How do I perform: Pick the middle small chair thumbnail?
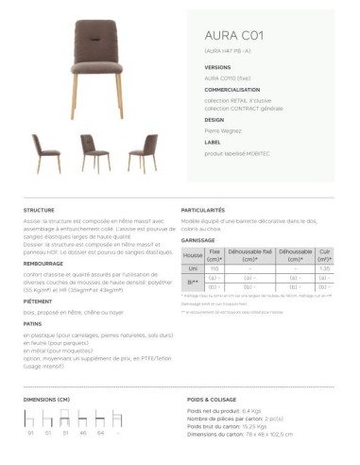(94, 151)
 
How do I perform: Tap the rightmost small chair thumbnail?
(145, 151)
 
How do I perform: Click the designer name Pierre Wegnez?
(224, 129)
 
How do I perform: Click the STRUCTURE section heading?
(39, 210)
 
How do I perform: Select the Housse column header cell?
(193, 256)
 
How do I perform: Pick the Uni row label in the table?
(193, 268)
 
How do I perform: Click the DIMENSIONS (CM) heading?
(46, 401)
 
